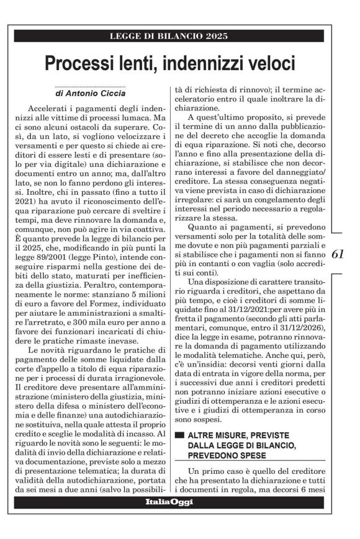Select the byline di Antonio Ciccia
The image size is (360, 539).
[x=91, y=93]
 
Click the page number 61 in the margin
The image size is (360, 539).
[x=338, y=254]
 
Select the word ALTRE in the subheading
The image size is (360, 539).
[x=202, y=419]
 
